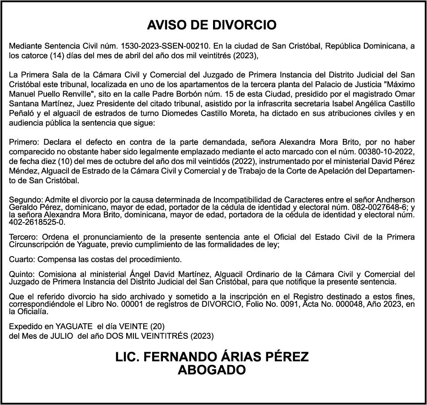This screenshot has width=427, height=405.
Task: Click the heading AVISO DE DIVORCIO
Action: coord(212,25)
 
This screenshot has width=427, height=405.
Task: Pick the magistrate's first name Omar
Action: coord(406,94)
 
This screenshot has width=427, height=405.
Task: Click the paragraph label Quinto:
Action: coord(22,274)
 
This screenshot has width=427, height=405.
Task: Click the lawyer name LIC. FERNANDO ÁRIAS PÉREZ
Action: coord(212,357)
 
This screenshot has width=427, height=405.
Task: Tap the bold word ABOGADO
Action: coord(212,370)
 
